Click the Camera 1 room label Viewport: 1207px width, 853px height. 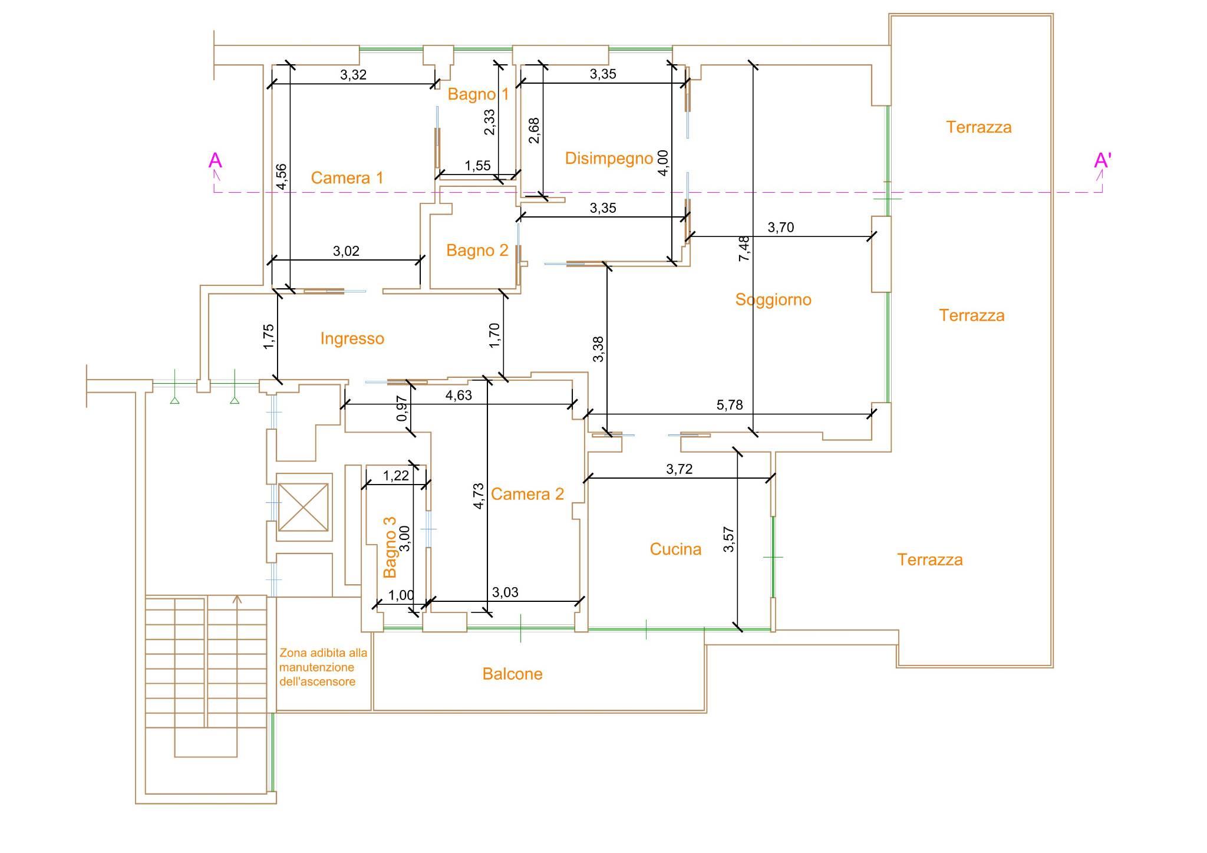click(x=347, y=177)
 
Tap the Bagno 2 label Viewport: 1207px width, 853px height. click(x=477, y=251)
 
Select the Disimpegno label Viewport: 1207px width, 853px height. click(x=609, y=159)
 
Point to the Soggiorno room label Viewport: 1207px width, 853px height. click(x=773, y=300)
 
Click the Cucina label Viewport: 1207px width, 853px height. click(x=675, y=549)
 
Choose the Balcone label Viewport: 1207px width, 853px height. click(x=512, y=674)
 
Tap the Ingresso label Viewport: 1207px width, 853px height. click(x=352, y=339)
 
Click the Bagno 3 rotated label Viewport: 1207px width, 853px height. click(x=390, y=548)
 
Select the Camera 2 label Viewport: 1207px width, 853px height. click(x=527, y=494)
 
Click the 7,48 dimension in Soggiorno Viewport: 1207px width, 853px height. click(x=744, y=249)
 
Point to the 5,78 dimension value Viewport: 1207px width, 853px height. click(x=730, y=405)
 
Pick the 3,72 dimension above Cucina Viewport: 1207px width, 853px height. click(x=680, y=469)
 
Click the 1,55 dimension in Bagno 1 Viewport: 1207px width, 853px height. click(x=477, y=166)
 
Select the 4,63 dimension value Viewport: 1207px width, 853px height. click(x=459, y=396)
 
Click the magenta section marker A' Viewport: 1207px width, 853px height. click(x=1102, y=161)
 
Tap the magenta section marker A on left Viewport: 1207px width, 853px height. click(x=215, y=161)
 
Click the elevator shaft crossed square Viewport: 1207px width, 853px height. click(x=303, y=507)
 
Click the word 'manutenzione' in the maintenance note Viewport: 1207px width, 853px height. click(x=317, y=667)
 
